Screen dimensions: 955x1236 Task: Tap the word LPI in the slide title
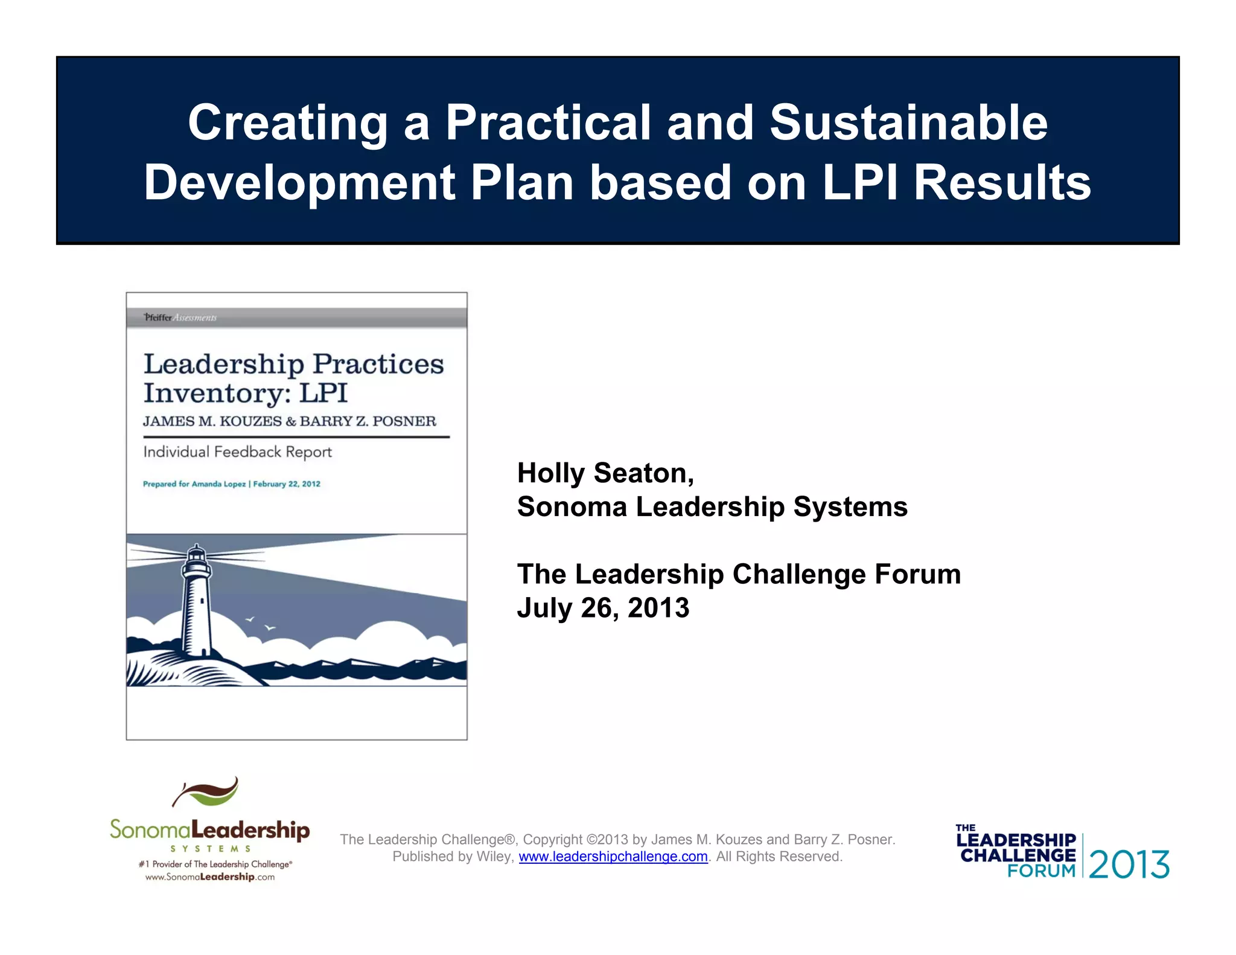[x=859, y=182]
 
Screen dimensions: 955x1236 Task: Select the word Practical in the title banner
[x=548, y=123]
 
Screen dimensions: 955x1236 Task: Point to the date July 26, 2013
[x=603, y=607]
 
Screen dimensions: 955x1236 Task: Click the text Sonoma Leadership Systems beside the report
[x=712, y=506]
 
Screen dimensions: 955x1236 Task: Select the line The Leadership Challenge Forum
[x=739, y=573]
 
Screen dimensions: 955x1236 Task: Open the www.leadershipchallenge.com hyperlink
[x=613, y=857]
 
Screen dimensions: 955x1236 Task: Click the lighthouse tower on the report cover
[x=197, y=604]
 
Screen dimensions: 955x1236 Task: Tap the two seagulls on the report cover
[x=260, y=624]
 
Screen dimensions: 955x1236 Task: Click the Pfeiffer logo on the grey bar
[x=158, y=318]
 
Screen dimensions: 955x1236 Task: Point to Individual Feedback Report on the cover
[x=237, y=452]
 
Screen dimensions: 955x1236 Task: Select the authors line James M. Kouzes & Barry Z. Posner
[x=289, y=421]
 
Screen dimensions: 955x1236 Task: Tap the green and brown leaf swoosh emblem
[x=206, y=792]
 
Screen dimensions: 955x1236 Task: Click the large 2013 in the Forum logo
[x=1129, y=864]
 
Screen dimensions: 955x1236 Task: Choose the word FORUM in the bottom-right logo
[x=1041, y=871]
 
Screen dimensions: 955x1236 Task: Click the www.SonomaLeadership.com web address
[x=209, y=877]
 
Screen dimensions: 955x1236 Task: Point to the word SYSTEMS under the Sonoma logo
[x=210, y=849]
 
